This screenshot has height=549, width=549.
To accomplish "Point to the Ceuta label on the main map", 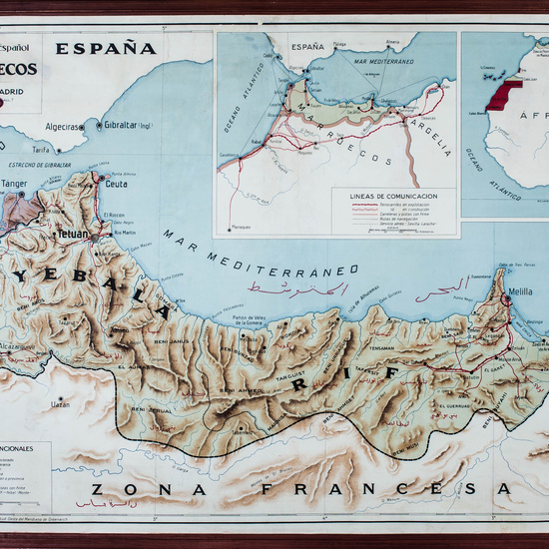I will coord(118,184).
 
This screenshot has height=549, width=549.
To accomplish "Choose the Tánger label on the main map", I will coord(14,184).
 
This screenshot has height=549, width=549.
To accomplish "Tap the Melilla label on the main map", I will coord(519,290).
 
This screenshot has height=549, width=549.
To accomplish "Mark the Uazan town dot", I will coord(60,404).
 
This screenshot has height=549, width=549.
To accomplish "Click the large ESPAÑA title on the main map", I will coord(106,48).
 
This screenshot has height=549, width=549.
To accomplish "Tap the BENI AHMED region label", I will coord(244,390).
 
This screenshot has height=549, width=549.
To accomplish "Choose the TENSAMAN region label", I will coord(382,348).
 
